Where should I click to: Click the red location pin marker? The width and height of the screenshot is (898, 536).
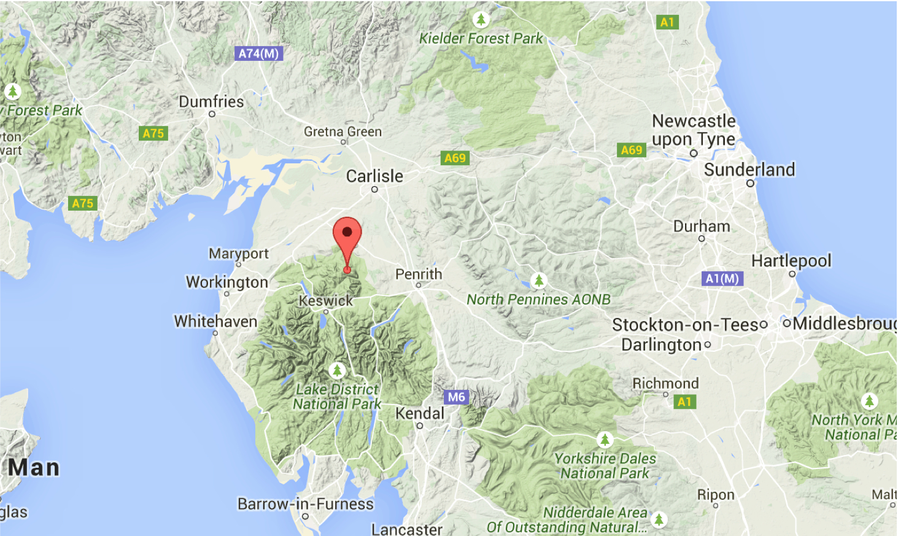tap(347, 237)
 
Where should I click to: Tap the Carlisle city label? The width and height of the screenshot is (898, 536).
tap(374, 177)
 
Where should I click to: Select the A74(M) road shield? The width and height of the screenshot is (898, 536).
tap(258, 53)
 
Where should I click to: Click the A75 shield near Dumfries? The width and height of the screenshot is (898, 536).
tap(153, 133)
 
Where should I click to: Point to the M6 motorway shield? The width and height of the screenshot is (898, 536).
tap(456, 397)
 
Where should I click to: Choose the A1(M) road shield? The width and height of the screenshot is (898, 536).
tap(722, 279)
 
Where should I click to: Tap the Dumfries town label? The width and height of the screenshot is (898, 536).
tap(211, 102)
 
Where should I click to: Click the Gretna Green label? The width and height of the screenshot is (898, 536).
tap(343, 131)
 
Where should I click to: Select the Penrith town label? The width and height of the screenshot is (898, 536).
tap(419, 274)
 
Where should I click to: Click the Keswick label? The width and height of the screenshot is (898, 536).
tap(326, 301)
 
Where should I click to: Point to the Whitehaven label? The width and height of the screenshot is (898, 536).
tap(215, 322)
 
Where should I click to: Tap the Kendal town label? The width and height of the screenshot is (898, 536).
tap(419, 413)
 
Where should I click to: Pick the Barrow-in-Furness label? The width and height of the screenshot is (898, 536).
tap(306, 504)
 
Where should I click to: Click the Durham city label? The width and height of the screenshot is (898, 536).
tap(702, 227)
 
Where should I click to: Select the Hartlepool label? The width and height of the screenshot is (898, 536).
tap(791, 261)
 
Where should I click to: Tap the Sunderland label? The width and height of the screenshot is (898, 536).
tap(749, 170)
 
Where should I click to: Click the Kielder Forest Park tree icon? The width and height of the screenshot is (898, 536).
tap(481, 19)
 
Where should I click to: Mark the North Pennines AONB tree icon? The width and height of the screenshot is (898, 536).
tap(539, 281)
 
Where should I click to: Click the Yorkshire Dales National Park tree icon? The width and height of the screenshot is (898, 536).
tap(605, 440)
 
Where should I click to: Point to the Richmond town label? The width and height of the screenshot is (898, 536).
tap(665, 384)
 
